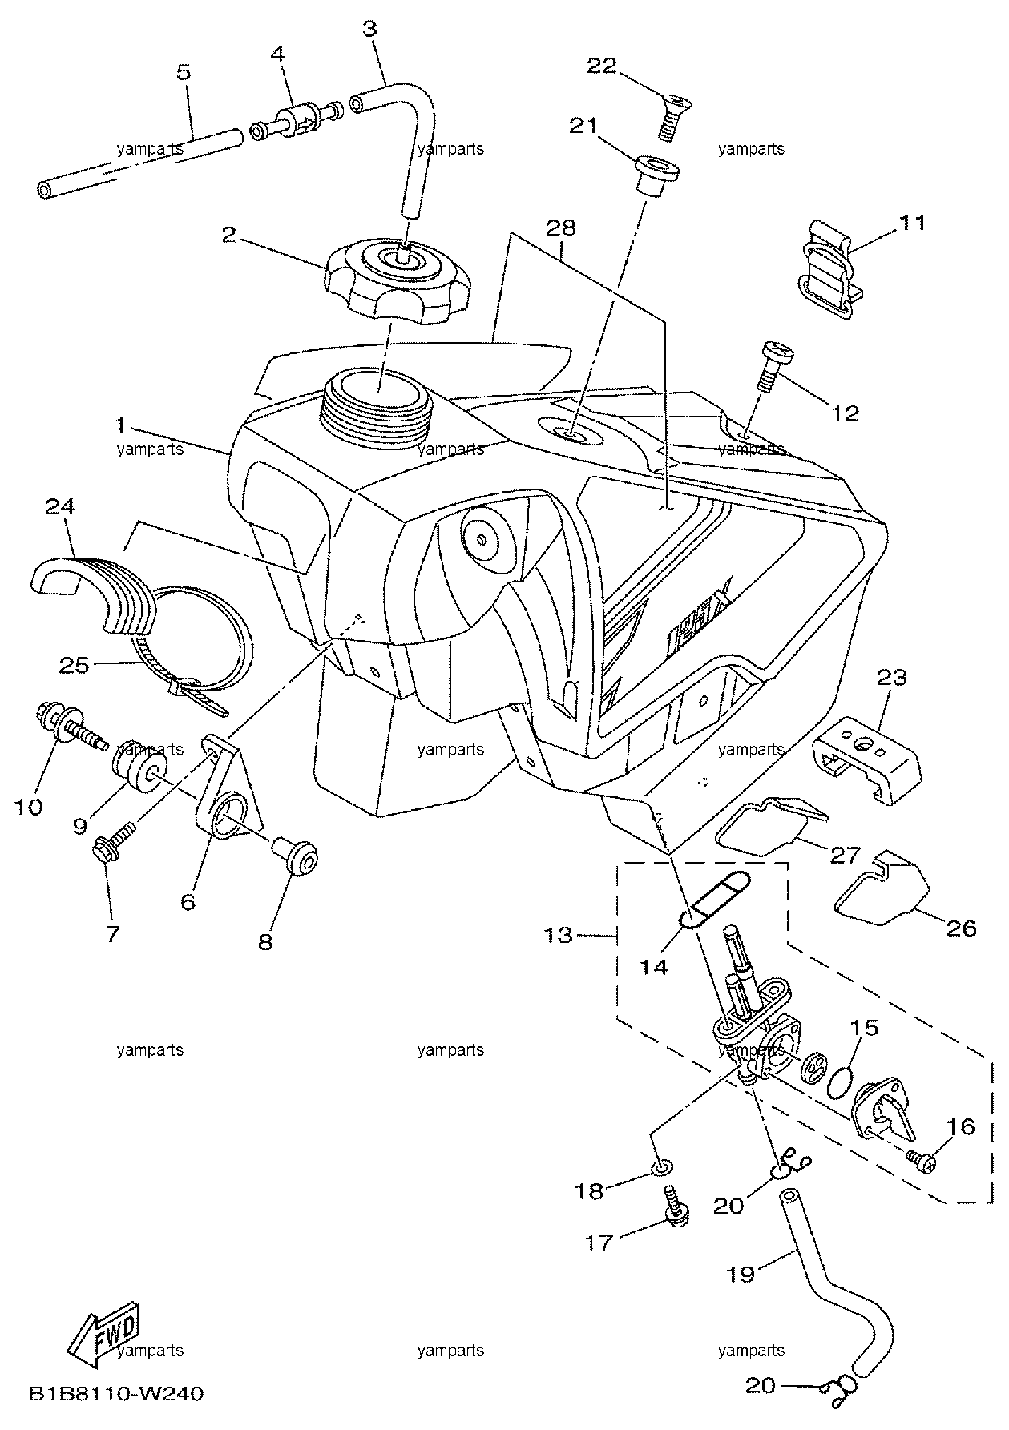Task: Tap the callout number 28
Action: point(560,228)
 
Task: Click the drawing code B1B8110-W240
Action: point(116,1394)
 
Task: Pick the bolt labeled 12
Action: point(772,365)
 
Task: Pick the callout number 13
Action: point(559,934)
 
